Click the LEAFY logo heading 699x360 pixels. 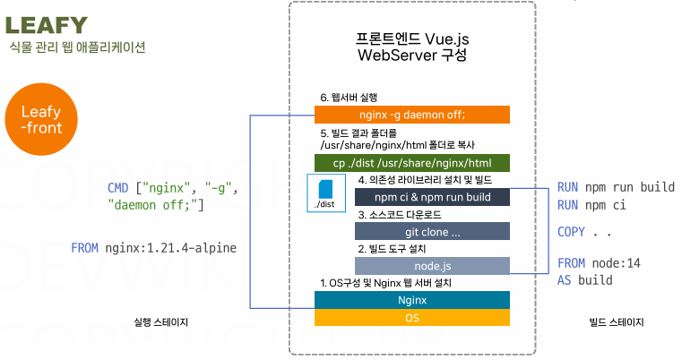[x=47, y=25]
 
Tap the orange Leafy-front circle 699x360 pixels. [x=41, y=119]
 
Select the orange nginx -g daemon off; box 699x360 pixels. [x=412, y=115]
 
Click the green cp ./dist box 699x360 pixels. [x=412, y=163]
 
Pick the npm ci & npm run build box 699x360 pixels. [x=432, y=197]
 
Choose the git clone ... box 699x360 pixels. [x=432, y=232]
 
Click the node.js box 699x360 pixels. [x=432, y=266]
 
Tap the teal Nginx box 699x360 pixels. [x=412, y=300]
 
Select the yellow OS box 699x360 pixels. [x=412, y=317]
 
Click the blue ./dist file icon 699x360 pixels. [x=325, y=190]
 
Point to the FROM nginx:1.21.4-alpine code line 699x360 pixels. [x=154, y=248]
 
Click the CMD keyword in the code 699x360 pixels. [x=117, y=188]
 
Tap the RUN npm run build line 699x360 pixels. [x=616, y=187]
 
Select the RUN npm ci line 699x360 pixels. [x=591, y=205]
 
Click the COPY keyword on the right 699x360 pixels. [x=571, y=232]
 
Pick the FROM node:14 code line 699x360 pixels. [x=599, y=263]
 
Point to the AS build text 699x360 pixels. [x=584, y=280]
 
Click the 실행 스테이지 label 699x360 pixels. [x=161, y=321]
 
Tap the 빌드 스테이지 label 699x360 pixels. [x=617, y=321]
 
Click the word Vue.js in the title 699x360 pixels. [x=446, y=39]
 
